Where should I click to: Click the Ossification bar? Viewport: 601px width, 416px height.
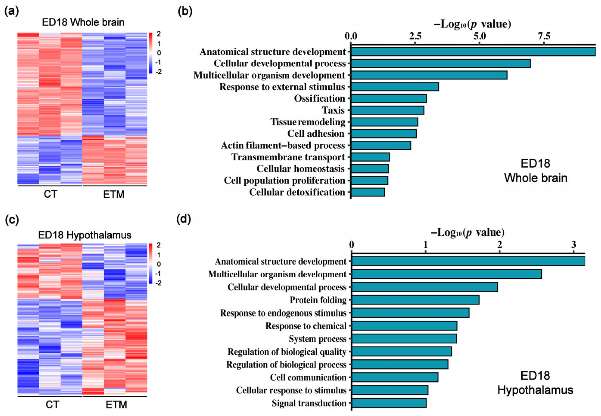[x=388, y=99]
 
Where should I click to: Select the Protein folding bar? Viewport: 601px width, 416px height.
[x=415, y=300]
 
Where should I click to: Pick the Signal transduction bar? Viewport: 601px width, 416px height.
[x=389, y=403]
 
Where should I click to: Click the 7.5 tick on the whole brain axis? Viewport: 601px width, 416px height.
[x=544, y=36]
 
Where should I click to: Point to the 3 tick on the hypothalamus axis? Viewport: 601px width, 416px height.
[x=573, y=245]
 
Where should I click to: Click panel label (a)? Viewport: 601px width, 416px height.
[x=12, y=11]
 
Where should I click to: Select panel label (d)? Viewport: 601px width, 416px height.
[x=184, y=219]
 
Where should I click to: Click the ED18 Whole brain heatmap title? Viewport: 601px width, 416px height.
[x=83, y=22]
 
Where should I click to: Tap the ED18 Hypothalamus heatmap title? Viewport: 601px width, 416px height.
[x=85, y=235]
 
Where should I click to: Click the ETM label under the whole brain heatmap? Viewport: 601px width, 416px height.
[x=114, y=194]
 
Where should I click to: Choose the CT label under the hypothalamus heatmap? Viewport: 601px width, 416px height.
[x=52, y=405]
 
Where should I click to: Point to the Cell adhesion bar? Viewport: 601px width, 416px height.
[x=383, y=134]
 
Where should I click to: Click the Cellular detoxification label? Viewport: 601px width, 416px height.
[x=297, y=192]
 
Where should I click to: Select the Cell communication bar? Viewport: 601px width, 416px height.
[x=395, y=377]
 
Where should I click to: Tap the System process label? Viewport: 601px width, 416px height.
[x=317, y=339]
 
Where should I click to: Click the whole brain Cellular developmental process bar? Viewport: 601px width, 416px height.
[x=440, y=63]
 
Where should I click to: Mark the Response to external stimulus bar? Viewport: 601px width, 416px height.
[x=395, y=87]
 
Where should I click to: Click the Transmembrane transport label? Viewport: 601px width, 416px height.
[x=288, y=157]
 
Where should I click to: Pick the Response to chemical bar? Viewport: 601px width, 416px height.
[x=404, y=326]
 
